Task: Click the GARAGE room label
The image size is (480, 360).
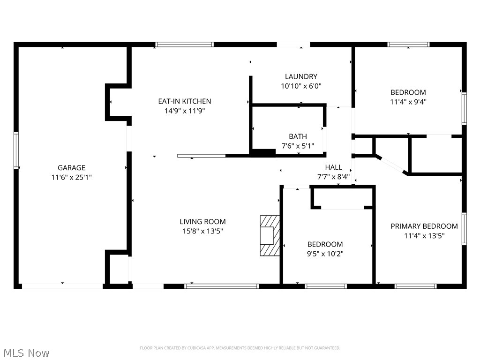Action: point(71,167)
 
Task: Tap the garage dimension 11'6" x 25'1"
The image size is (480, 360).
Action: point(71,177)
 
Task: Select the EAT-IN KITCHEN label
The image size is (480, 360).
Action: point(184,101)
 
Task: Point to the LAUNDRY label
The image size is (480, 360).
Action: point(301,76)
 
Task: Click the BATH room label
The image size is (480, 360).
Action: point(298,136)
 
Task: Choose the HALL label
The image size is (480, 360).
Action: point(333,167)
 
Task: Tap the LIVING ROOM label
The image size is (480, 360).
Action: point(202,222)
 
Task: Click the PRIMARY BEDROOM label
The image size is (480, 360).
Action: point(424,226)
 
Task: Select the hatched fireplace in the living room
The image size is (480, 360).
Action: point(270,236)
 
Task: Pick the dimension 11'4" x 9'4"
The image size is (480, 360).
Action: point(408,101)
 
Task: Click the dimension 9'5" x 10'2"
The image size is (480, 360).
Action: point(325,254)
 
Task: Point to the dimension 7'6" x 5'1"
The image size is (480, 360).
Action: point(298,145)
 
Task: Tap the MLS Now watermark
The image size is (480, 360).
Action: point(26,352)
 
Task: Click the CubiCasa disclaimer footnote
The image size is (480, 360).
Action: point(240,348)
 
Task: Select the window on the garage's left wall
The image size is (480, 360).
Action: point(16,150)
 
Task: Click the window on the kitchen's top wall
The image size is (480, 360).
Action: point(185,45)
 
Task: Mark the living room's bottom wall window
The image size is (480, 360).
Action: point(222,285)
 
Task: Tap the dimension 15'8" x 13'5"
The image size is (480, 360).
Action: point(202,231)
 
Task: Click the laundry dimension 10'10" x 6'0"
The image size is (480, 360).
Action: point(301,86)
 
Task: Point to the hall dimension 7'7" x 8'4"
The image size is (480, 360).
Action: point(333,177)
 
